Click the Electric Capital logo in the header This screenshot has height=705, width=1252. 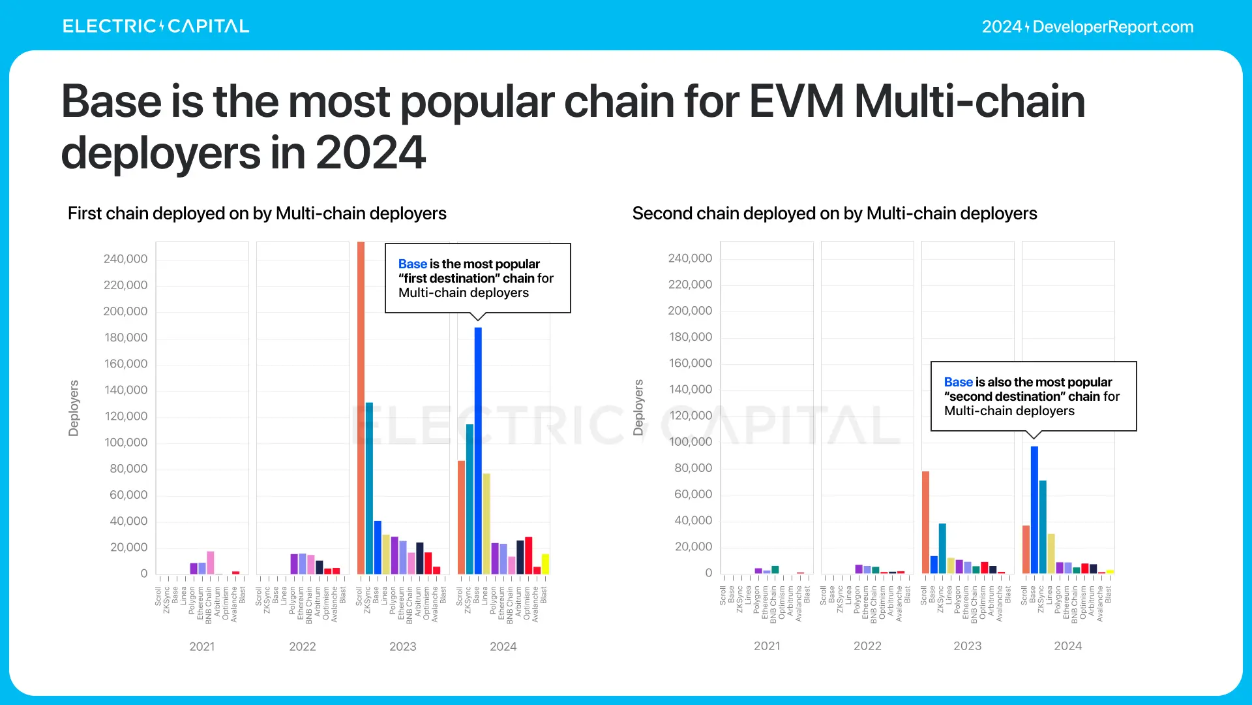tap(156, 26)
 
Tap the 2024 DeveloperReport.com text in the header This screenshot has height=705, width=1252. tap(1088, 27)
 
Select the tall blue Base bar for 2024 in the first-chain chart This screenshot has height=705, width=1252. tap(478, 450)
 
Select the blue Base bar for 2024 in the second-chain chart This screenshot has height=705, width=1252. tap(1034, 510)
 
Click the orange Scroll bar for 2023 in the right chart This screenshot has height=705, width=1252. tap(925, 522)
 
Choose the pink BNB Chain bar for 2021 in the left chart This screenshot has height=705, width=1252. tap(211, 563)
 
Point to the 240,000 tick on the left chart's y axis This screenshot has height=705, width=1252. tap(125, 259)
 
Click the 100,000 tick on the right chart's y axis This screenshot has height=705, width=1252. tap(691, 442)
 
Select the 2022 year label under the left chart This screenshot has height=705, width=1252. tap(302, 646)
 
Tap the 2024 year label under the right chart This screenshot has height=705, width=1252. tap(1067, 646)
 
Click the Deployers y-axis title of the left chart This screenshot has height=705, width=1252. tap(74, 408)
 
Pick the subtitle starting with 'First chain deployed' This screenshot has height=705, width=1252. tap(257, 213)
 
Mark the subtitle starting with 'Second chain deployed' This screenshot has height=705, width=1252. tap(834, 213)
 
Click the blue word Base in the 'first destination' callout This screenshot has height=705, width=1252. tap(412, 264)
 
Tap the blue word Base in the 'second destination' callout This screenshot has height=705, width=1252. tap(958, 382)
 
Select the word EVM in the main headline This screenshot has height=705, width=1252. tap(796, 102)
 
